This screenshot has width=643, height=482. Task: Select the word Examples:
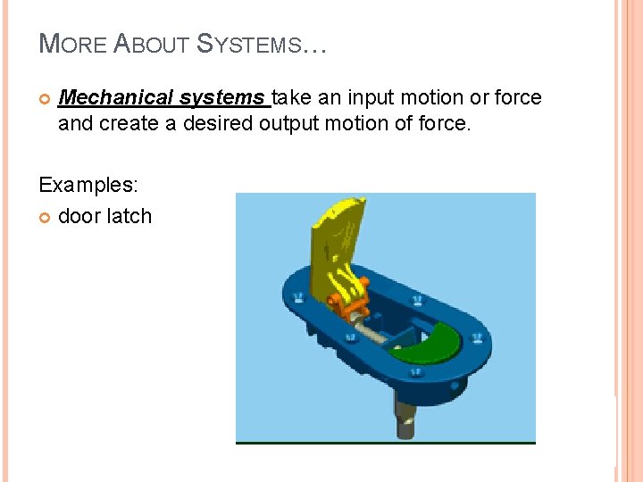pyautogui.click(x=88, y=185)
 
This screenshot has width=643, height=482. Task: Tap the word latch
pyautogui.click(x=130, y=216)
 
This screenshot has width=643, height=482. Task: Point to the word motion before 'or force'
pyautogui.click(x=437, y=97)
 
